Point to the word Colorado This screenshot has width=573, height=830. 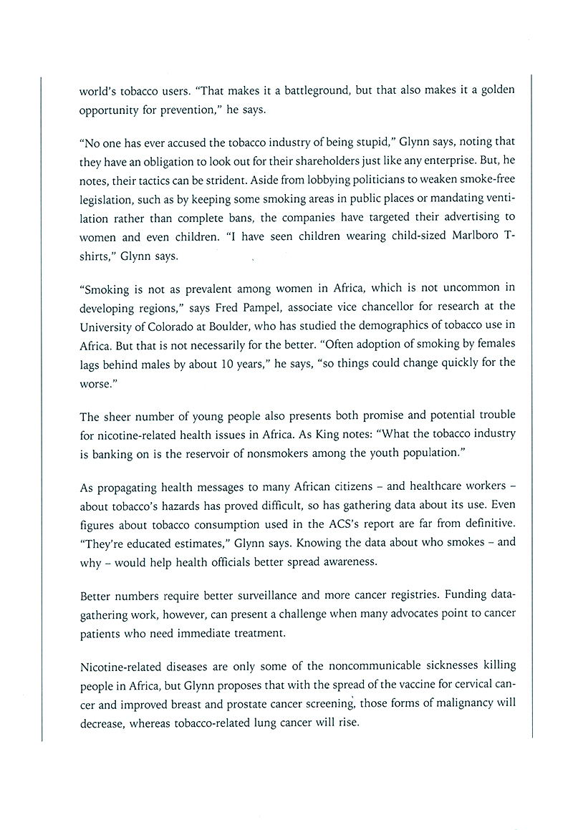[169, 326]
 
